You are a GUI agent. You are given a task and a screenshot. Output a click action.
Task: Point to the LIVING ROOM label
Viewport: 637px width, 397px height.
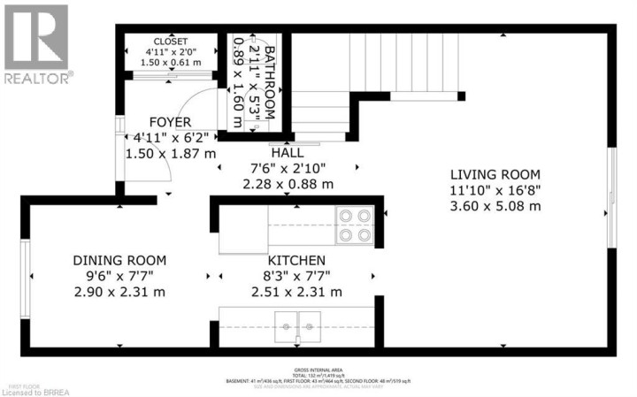pyautogui.click(x=495, y=174)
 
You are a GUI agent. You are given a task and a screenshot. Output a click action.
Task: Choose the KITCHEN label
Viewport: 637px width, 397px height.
pyautogui.click(x=296, y=260)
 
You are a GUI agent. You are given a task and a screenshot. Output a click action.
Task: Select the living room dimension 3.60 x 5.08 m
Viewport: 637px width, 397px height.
pyautogui.click(x=495, y=206)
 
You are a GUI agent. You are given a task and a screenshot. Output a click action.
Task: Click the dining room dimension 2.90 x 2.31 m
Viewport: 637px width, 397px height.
pyautogui.click(x=119, y=292)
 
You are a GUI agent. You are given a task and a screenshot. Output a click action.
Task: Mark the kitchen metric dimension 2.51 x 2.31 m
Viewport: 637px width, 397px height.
pyautogui.click(x=296, y=292)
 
